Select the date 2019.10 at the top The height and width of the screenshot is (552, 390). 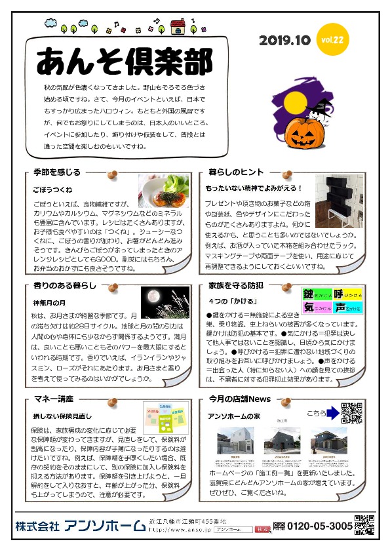tap(284, 41)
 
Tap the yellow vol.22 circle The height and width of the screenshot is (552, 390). tap(332, 40)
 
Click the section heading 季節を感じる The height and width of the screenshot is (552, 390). tap(57, 172)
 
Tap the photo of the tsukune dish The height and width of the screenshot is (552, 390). tap(163, 191)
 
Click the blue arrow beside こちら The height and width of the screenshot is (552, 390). tap(333, 412)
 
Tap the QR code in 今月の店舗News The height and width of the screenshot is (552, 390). tap(352, 412)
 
